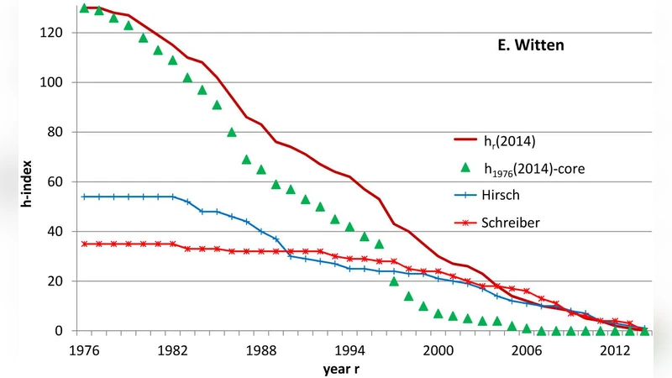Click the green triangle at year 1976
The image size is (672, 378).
click(84, 8)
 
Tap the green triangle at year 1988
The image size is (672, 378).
click(261, 170)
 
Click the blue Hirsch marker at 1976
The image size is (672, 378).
click(84, 197)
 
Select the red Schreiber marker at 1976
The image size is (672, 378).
click(84, 244)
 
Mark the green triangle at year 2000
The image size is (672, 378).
click(438, 313)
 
